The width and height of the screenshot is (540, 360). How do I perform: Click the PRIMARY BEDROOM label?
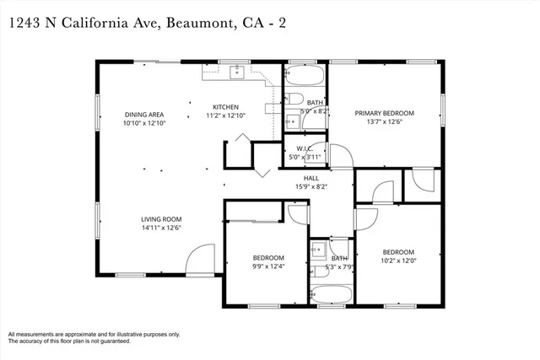click(x=384, y=113)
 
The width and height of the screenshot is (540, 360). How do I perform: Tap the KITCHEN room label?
click(x=225, y=107)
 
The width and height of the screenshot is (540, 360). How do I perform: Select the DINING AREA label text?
click(x=143, y=114)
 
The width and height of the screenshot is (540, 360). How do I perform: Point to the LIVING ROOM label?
click(x=161, y=219)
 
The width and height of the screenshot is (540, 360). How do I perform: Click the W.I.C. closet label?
click(x=305, y=148)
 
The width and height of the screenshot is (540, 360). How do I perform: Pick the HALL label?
click(x=310, y=178)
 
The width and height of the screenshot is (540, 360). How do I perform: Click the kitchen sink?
click(x=237, y=71)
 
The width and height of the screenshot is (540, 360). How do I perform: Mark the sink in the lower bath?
click(x=319, y=249)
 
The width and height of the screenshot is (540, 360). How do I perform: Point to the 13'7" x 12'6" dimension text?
click(x=384, y=122)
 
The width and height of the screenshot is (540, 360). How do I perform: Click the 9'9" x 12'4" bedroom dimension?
click(x=268, y=266)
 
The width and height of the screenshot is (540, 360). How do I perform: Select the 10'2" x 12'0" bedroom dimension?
click(x=397, y=261)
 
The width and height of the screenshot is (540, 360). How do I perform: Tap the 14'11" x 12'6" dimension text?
click(x=161, y=228)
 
